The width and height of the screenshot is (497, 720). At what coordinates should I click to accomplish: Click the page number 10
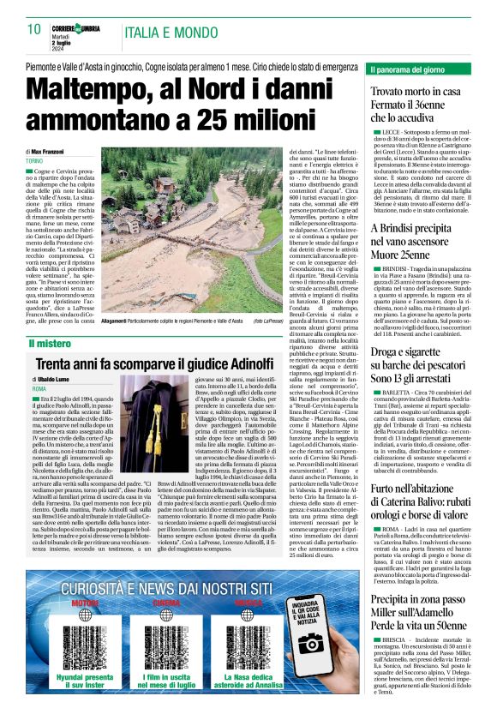coord(34,28)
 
